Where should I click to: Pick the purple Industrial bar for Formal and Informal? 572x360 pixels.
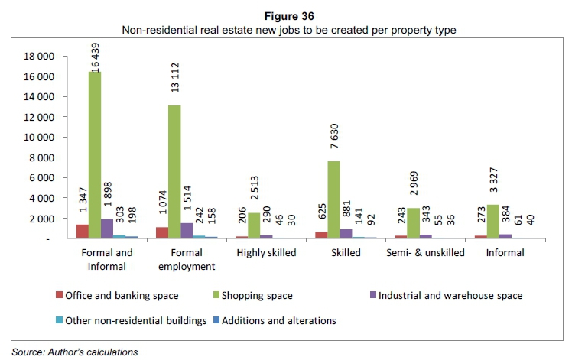pyautogui.click(x=107, y=229)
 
